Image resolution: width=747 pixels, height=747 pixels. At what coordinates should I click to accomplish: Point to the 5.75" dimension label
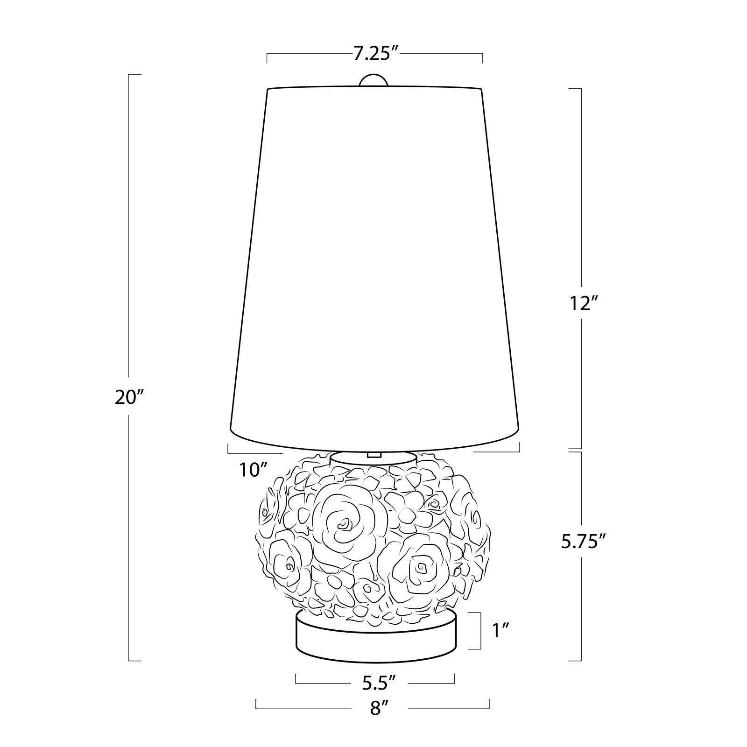point(581,541)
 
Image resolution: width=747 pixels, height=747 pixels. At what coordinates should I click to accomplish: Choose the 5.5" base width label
point(379,683)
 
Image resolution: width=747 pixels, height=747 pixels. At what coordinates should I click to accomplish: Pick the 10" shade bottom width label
point(255,469)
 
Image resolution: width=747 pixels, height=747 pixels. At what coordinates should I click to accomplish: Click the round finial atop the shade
point(373,80)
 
